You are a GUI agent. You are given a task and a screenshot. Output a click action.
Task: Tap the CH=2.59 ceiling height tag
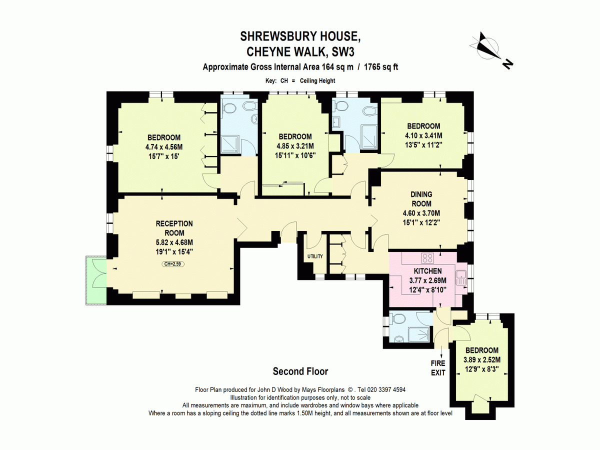[x=173, y=263]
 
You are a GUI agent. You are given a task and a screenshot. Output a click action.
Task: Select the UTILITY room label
[x=315, y=256]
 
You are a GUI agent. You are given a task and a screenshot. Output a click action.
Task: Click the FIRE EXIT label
[x=438, y=368]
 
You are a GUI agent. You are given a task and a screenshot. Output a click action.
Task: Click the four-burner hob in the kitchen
[x=428, y=258]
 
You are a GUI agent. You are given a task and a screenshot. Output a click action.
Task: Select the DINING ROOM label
[x=421, y=199]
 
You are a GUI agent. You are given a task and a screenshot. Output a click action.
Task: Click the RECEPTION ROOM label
[x=174, y=228]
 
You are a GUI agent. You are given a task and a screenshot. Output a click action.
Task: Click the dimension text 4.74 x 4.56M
[x=164, y=147]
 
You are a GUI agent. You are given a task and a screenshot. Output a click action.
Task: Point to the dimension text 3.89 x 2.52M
[x=481, y=359]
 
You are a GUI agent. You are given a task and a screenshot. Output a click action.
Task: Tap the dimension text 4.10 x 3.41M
[x=423, y=135]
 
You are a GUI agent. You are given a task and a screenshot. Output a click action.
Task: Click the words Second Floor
[x=300, y=371]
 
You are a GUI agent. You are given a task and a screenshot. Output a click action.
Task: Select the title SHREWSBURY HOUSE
[x=300, y=36]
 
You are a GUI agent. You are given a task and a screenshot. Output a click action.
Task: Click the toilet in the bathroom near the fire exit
[x=398, y=319]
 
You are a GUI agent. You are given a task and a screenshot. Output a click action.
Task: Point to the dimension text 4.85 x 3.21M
[x=295, y=146]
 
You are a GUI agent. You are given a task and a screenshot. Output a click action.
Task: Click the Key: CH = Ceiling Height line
[x=300, y=80]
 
